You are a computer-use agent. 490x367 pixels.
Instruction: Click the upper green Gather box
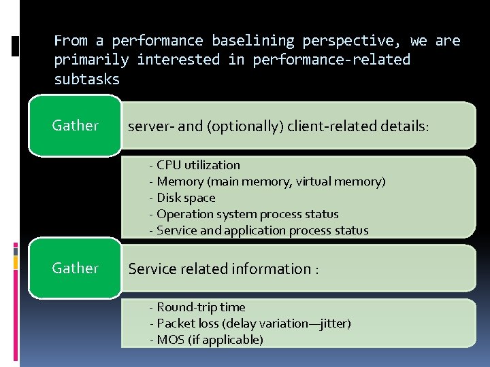tap(75, 126)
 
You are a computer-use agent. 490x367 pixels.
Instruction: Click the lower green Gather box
tap(75, 268)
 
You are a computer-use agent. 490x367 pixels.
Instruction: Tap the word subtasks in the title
tap(86, 79)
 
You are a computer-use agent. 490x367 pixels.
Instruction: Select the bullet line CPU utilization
tap(198, 165)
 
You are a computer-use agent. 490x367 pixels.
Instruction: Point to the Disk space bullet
tap(186, 198)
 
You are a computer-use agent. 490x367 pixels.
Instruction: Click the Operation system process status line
tap(247, 214)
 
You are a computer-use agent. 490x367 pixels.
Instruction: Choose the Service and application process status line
tap(262, 230)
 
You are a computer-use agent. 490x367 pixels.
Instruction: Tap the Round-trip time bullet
tap(201, 307)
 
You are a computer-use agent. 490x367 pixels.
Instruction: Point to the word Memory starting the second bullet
tap(180, 181)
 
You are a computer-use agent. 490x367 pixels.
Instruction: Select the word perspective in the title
tap(353, 41)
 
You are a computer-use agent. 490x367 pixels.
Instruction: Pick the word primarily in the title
tap(91, 60)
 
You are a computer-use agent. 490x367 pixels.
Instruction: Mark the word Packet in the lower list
tap(176, 324)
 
